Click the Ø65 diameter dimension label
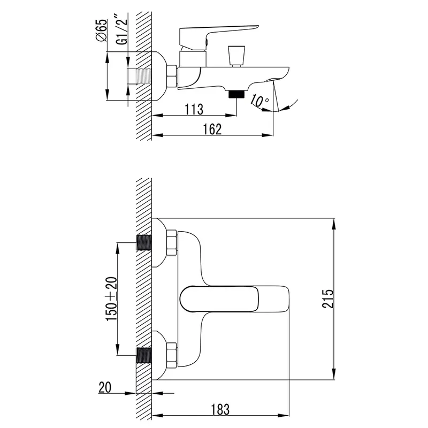(102, 30)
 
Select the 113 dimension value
(194, 110)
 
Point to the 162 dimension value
(212, 129)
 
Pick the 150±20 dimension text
(112, 299)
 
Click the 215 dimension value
(328, 299)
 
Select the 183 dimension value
(220, 409)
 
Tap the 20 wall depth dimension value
(105, 387)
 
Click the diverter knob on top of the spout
(236, 56)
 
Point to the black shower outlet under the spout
(236, 94)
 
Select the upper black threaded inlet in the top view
(144, 242)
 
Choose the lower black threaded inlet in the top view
(144, 355)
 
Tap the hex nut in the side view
(172, 77)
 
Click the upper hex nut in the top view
(172, 243)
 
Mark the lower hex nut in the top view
(172, 355)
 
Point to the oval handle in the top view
(219, 299)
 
